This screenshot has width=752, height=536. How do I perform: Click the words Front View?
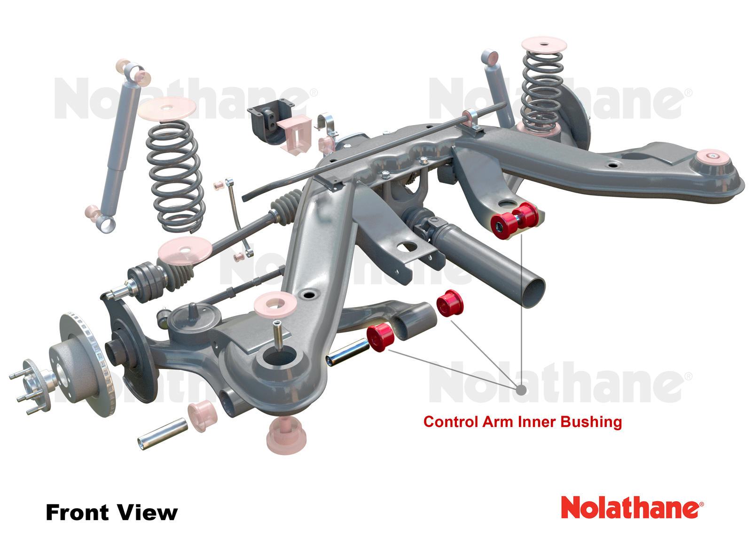coord(111,512)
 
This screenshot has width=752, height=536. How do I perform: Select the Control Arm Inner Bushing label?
coord(522,421)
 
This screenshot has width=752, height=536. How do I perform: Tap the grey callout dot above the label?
coord(521,389)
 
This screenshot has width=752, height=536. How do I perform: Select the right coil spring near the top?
coord(541,89)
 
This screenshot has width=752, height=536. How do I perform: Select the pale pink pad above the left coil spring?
coord(167,109)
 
